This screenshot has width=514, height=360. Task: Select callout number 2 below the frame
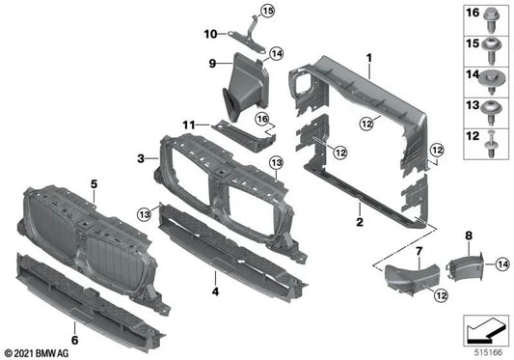tap(359, 223)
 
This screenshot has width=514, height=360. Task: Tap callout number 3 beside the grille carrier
tap(141, 158)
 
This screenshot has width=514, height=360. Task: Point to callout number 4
tap(216, 291)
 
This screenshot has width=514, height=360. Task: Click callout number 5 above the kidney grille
tap(95, 182)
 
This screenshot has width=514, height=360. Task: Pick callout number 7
tap(419, 252)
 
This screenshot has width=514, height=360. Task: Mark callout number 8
tap(469, 235)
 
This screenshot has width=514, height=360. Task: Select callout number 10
tap(208, 34)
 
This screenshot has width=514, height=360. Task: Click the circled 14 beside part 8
tap(502, 263)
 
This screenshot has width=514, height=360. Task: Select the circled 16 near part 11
tap(260, 118)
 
